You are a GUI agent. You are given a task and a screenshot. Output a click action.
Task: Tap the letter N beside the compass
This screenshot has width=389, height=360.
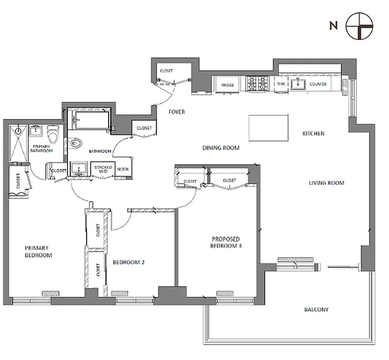(x=333, y=26)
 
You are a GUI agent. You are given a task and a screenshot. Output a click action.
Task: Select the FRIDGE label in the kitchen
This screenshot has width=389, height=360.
(x=227, y=85)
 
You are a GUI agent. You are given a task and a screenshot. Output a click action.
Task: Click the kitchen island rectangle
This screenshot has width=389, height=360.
(x=268, y=127)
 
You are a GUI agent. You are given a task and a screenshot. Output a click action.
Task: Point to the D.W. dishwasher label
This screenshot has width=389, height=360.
(x=281, y=84)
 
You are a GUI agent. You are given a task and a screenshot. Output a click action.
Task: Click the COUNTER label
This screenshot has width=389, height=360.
(x=318, y=84)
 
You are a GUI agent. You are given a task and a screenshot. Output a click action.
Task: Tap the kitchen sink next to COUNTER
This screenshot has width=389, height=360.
(x=298, y=84)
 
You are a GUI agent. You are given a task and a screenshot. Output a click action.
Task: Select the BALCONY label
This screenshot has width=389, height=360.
(x=316, y=310)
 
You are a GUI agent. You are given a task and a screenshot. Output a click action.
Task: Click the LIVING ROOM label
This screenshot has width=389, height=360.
(x=326, y=183)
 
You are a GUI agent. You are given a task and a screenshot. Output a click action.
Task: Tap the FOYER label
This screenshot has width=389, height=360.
(x=177, y=112)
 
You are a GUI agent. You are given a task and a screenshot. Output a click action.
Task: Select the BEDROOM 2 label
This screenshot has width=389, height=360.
(x=128, y=262)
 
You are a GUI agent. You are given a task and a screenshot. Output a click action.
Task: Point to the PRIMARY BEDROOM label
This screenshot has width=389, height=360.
(x=38, y=251)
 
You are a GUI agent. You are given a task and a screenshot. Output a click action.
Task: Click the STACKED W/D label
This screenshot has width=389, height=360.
(x=103, y=169)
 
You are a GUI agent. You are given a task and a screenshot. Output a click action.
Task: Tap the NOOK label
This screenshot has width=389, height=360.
(x=122, y=169)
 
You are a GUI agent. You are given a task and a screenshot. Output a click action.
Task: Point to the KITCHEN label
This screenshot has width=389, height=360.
(x=313, y=134)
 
